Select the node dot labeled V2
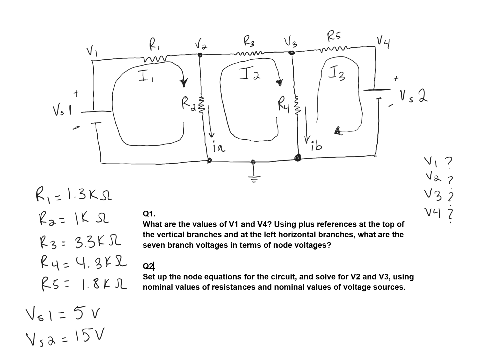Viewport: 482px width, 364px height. [x=200, y=55]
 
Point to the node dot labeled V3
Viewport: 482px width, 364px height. [x=291, y=53]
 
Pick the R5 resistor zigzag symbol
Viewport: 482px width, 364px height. [x=335, y=49]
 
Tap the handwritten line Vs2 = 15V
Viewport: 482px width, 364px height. [x=65, y=338]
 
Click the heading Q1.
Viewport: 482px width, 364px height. [x=149, y=213]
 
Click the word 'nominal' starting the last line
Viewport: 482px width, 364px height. [x=157, y=287]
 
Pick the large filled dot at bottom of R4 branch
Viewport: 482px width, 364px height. [x=297, y=158]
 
